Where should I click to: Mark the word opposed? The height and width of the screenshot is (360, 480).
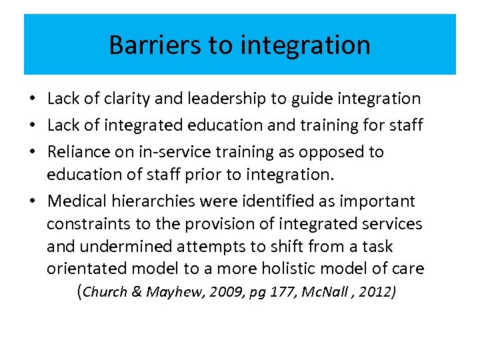pos(328,153)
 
